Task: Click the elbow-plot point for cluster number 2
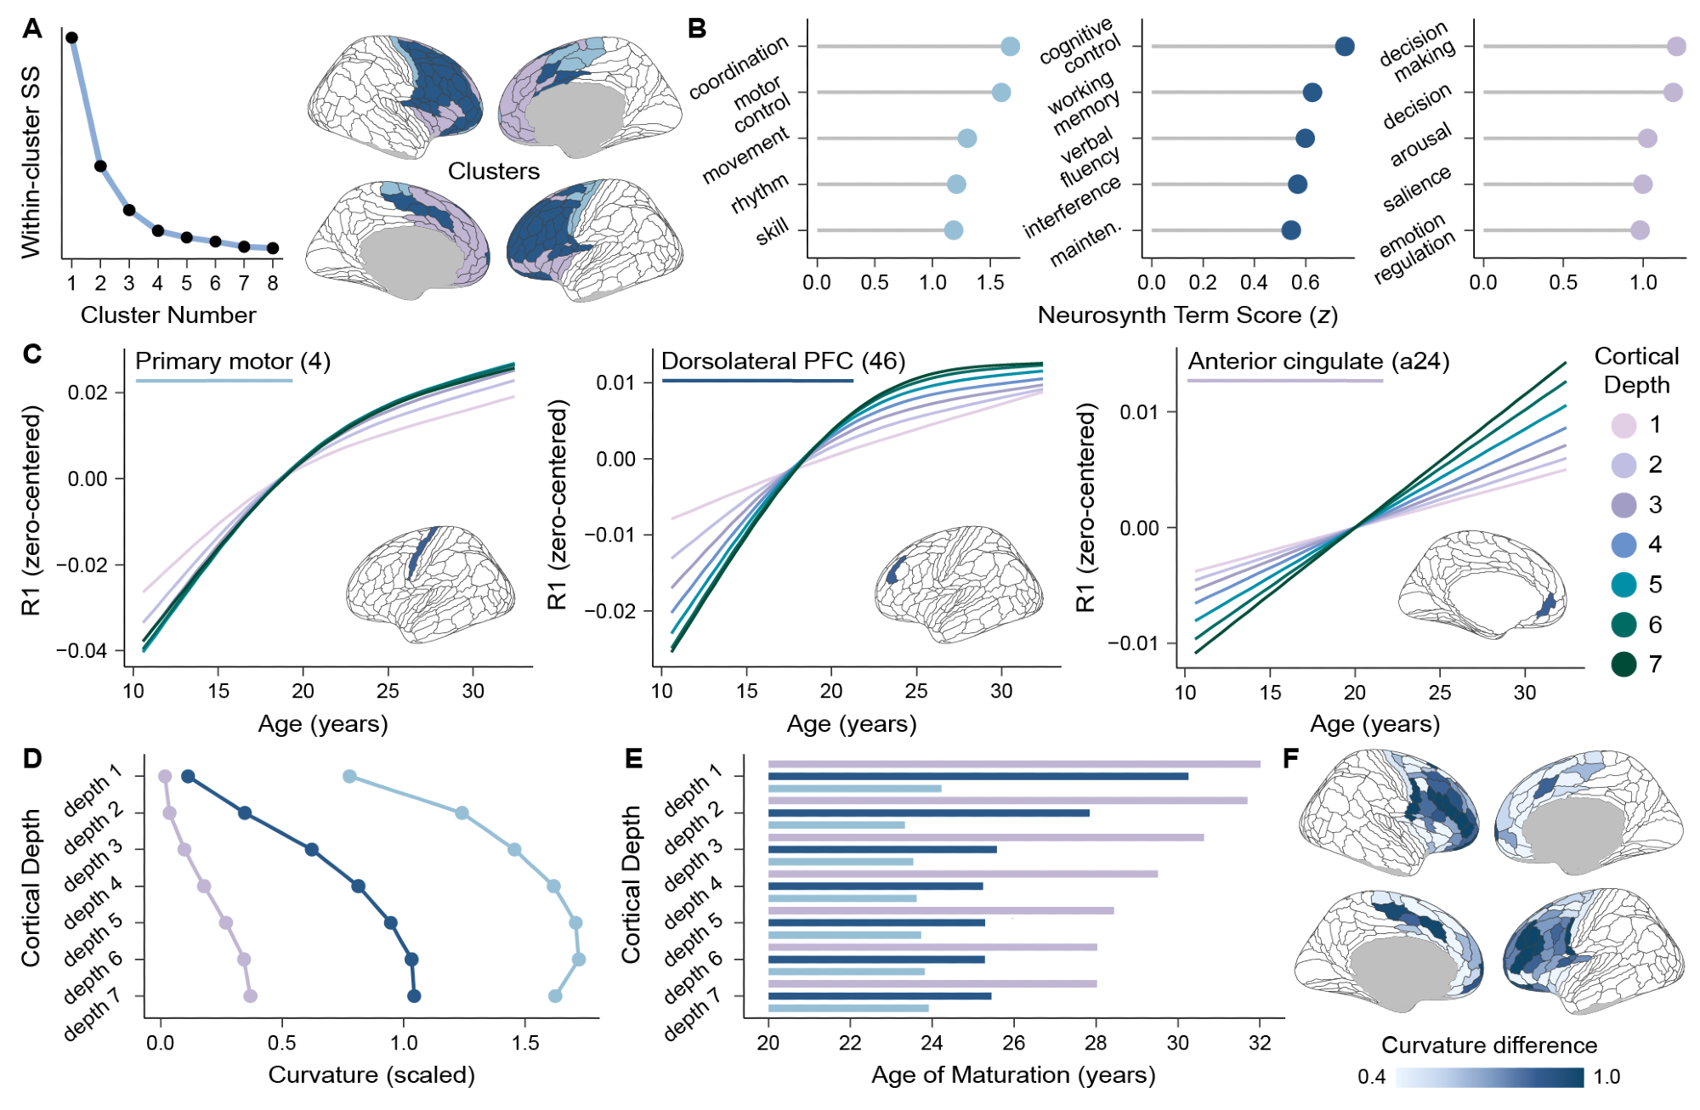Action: tap(100, 167)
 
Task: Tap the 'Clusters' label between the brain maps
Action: tap(494, 172)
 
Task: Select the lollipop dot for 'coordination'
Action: tap(1010, 47)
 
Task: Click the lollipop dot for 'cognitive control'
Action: tap(1345, 47)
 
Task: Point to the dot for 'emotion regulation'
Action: tap(1640, 230)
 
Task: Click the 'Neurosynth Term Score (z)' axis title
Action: tap(1187, 315)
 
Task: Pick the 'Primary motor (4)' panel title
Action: tap(233, 361)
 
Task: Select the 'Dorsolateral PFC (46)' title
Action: tap(783, 361)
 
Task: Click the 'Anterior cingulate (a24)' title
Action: tap(1318, 361)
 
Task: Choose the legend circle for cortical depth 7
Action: tap(1624, 665)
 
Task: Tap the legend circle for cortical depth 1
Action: tap(1624, 425)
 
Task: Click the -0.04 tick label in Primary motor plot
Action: tap(82, 651)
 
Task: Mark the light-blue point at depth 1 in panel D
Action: tap(349, 777)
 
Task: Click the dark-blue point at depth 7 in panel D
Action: tap(414, 996)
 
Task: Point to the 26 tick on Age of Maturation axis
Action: tap(1014, 1043)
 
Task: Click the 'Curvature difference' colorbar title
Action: tap(1489, 1045)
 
